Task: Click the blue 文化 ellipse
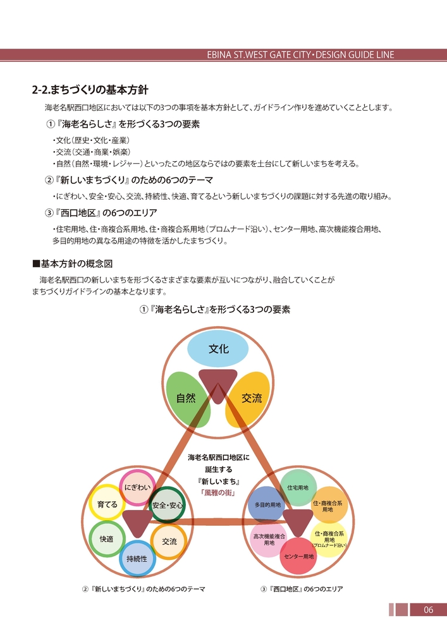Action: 218,349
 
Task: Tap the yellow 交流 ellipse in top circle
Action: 252,398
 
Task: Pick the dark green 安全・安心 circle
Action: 167,505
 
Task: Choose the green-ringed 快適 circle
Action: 106,539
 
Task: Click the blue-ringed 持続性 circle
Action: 137,558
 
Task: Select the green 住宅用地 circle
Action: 298,487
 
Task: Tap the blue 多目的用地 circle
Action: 267,505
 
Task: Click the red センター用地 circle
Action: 299,556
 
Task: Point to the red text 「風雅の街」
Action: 218,493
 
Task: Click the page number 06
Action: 428,610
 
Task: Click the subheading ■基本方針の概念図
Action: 72,263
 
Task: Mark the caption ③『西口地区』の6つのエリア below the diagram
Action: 302,589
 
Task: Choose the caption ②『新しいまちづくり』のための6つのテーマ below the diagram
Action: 144,589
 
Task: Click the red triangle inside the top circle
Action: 218,384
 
